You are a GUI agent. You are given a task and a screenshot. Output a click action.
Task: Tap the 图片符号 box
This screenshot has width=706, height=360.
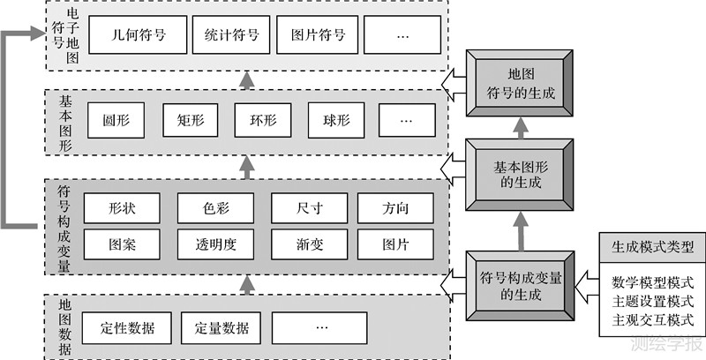point(318,37)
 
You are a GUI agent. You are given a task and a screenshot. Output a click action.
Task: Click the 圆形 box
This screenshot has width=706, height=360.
point(116,120)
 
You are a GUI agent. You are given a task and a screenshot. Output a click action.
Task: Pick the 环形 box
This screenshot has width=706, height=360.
point(262,120)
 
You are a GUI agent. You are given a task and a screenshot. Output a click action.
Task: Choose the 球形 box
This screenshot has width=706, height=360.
point(335,120)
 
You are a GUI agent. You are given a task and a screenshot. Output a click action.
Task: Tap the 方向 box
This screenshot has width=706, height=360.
point(394,208)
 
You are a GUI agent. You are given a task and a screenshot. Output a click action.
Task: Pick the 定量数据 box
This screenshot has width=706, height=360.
point(222,328)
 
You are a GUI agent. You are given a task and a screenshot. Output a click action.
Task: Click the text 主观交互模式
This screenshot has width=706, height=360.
point(652,319)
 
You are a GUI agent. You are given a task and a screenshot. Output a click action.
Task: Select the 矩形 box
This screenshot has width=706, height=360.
point(190,120)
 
